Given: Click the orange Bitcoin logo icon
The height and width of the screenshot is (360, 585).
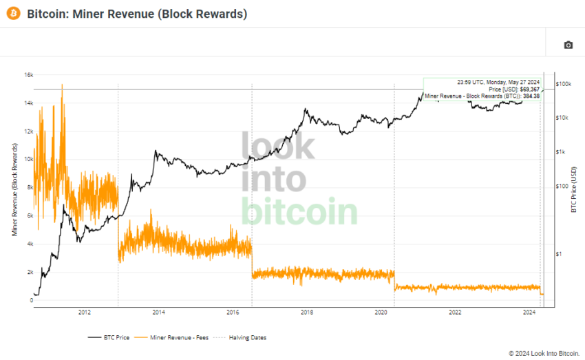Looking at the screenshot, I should click(13, 14).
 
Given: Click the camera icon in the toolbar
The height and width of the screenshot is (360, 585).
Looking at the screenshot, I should click(568, 45).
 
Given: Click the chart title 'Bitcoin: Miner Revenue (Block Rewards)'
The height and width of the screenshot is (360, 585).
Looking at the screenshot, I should click(137, 14).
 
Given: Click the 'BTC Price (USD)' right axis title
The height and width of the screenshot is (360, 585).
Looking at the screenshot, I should click(573, 189).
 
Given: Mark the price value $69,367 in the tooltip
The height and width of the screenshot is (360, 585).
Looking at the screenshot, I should click(528, 89).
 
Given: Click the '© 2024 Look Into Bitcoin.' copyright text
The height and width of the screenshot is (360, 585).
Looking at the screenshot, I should click(543, 353).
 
